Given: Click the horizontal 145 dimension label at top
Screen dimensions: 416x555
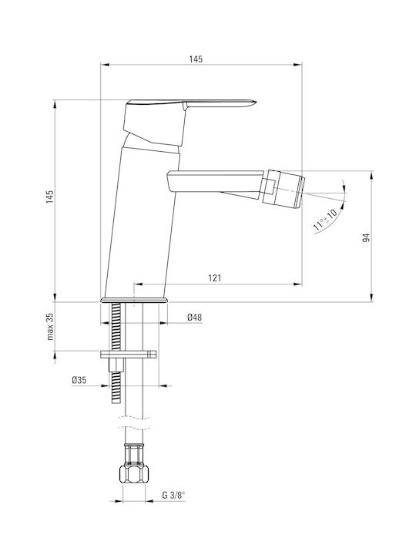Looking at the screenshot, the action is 196,59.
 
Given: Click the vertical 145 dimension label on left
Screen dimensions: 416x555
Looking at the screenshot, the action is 49,197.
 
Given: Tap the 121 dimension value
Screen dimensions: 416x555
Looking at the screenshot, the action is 214,278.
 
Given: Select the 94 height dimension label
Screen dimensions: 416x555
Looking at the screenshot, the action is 366,237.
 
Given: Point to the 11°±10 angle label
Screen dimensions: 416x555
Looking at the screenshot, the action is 325,220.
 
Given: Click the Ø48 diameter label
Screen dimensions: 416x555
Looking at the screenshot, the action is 195,318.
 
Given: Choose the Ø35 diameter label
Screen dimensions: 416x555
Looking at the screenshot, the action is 79,381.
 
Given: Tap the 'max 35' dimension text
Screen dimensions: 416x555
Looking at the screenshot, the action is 50,326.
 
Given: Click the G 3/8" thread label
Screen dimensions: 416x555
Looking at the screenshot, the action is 173,495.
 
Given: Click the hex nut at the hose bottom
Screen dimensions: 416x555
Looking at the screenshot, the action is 134,474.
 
